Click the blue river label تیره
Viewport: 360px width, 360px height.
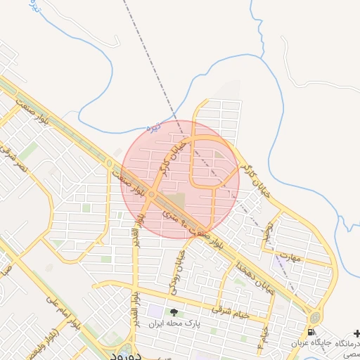153,128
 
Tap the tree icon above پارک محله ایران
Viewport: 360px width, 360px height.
174,311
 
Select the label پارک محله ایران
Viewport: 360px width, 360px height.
174,324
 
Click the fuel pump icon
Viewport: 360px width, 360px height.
311,331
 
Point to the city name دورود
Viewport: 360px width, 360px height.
127,355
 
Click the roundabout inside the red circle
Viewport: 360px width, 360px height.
152,195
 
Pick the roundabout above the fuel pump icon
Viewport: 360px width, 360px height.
314,317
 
